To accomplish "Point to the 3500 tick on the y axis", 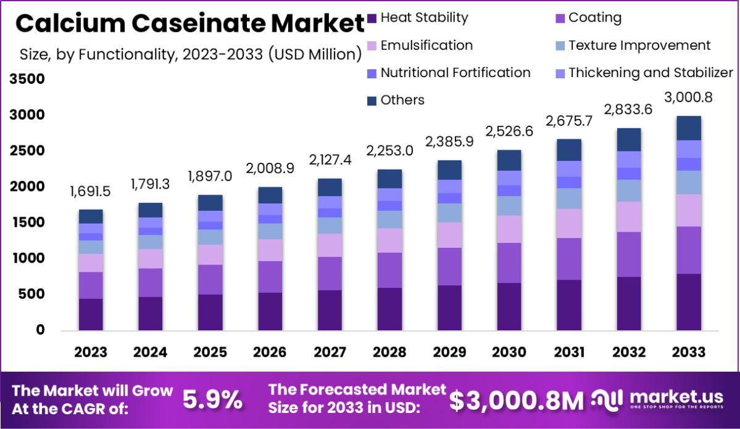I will (27, 79).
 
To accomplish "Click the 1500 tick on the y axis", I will (27, 223).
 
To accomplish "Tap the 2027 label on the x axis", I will (330, 352).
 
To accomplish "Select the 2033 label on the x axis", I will (688, 352).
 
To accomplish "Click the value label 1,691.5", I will (91, 192).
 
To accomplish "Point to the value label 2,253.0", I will (389, 152).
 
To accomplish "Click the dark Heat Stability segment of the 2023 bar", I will (91, 314).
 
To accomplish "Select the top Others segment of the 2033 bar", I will (688, 128).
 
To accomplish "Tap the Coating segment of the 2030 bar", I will (509, 263).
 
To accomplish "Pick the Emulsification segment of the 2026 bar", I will (270, 250).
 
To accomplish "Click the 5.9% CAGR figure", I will (213, 401).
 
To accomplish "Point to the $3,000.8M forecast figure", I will (516, 401).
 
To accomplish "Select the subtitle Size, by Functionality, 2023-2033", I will (190, 54).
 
